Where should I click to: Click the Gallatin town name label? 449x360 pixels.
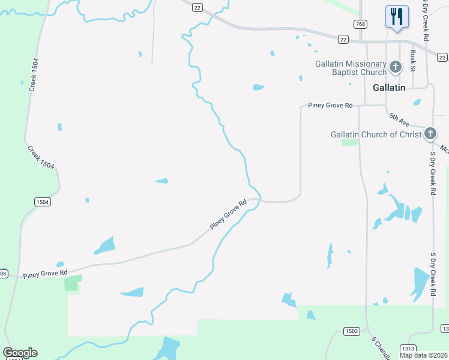[x=388, y=88]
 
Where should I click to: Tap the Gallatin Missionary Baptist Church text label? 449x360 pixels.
[x=351, y=68]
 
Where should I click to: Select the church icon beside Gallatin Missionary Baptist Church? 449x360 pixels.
[x=395, y=67]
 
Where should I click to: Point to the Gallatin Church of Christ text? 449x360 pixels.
[x=376, y=134]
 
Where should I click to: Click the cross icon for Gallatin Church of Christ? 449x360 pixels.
[x=430, y=134]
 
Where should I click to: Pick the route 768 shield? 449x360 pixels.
[x=360, y=24]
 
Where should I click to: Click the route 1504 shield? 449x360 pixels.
[x=42, y=202]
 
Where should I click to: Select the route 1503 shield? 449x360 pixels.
[x=351, y=331]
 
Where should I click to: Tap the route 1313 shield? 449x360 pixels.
[x=409, y=348]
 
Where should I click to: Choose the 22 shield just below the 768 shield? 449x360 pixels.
[x=343, y=39]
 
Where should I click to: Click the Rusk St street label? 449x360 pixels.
[x=413, y=59]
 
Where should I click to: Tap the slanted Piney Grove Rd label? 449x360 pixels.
[x=229, y=215]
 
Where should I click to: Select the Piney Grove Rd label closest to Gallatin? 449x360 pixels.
[x=330, y=106]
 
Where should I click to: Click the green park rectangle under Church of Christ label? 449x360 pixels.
[x=350, y=142]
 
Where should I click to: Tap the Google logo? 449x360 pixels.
[x=20, y=353]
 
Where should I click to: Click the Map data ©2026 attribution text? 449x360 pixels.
[x=423, y=355]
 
